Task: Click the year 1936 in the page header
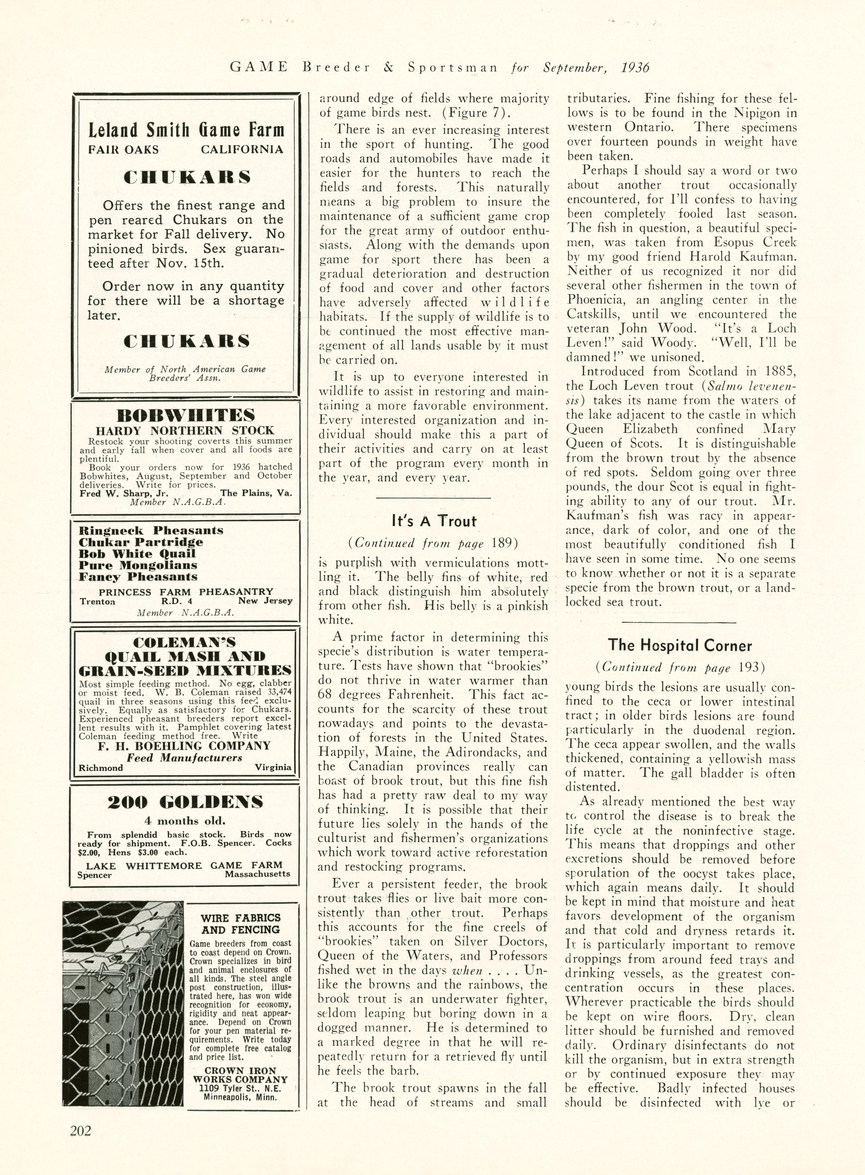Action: [635, 68]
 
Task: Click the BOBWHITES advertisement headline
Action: [185, 415]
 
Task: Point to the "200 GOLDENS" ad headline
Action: [185, 802]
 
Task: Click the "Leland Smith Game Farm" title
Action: [186, 130]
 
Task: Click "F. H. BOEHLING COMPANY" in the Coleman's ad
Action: [185, 746]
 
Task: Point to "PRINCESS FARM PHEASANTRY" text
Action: [186, 592]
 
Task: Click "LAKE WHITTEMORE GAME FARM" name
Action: [184, 865]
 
